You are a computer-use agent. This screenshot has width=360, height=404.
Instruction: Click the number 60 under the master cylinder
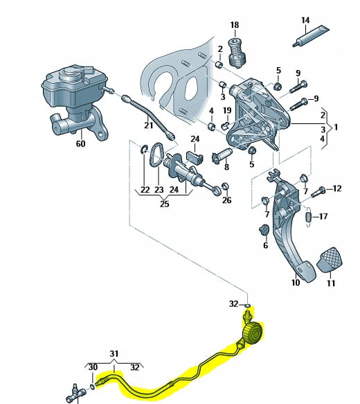pyautogui.click(x=80, y=143)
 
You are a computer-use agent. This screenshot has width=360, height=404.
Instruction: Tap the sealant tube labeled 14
pyautogui.click(x=311, y=36)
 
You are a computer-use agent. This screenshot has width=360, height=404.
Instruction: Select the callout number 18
pyautogui.click(x=235, y=25)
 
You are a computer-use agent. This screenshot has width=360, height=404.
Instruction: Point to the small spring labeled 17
pyautogui.click(x=309, y=217)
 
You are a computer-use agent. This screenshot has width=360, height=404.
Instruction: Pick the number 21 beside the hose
pyautogui.click(x=148, y=125)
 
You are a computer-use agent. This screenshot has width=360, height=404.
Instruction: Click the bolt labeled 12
pyautogui.click(x=318, y=192)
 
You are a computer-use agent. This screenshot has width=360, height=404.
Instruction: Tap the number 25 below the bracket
pyautogui.click(x=165, y=204)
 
